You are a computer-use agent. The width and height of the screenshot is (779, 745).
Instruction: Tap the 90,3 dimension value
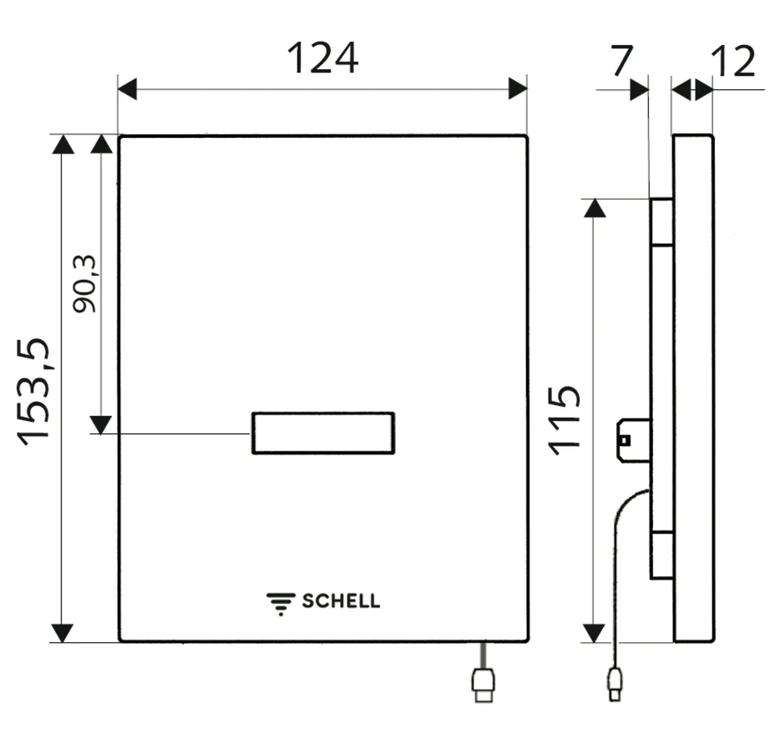(x=84, y=283)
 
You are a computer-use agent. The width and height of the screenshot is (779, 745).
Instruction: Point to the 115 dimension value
(x=565, y=420)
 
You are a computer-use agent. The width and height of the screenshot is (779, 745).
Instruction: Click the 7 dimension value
(x=621, y=61)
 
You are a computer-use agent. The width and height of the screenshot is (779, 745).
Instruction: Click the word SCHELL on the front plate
(x=340, y=601)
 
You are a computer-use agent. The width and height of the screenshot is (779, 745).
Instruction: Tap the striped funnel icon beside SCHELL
(x=280, y=603)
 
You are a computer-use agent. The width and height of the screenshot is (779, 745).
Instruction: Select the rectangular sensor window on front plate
(x=323, y=433)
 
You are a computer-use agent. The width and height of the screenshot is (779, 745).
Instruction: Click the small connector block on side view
(x=633, y=439)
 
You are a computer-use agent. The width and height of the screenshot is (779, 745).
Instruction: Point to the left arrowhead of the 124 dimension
(x=127, y=88)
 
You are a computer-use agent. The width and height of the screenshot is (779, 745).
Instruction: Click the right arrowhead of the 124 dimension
(x=518, y=88)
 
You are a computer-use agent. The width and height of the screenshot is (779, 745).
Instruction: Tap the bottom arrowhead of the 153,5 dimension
(x=62, y=632)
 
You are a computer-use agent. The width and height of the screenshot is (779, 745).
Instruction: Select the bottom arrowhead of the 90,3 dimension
(x=101, y=424)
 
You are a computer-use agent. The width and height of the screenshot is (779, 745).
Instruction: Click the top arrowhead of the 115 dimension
(x=594, y=208)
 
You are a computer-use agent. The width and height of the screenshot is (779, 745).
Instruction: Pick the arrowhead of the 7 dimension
(x=639, y=89)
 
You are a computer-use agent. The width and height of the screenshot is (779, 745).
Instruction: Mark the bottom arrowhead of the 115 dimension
(x=594, y=632)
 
